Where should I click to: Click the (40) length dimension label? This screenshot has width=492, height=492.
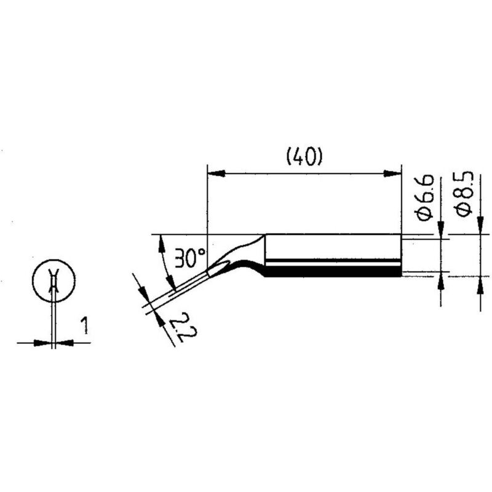pyautogui.click(x=304, y=157)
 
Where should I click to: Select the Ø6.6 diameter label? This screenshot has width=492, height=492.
pyautogui.click(x=425, y=197)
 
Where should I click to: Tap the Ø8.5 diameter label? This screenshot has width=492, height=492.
pyautogui.click(x=464, y=194)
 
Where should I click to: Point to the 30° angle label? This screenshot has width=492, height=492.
pyautogui.click(x=189, y=258)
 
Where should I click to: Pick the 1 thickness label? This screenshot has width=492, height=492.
pyautogui.click(x=84, y=325)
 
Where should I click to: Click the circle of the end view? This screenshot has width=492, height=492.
pyautogui.click(x=54, y=280)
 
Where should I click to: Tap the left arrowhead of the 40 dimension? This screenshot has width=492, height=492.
pyautogui.click(x=216, y=173)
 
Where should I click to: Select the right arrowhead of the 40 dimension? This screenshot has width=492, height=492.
pyautogui.click(x=393, y=173)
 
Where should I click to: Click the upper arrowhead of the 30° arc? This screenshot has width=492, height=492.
pyautogui.click(x=162, y=244)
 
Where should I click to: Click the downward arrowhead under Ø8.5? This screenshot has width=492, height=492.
pyautogui.click(x=480, y=226)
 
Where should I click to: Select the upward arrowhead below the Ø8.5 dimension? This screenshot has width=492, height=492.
pyautogui.click(x=480, y=285)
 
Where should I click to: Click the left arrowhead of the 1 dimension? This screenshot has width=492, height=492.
pyautogui.click(x=42, y=343)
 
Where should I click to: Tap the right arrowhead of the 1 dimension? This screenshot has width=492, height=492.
pyautogui.click(x=65, y=343)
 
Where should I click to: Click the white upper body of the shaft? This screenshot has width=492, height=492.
pyautogui.click(x=333, y=247)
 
